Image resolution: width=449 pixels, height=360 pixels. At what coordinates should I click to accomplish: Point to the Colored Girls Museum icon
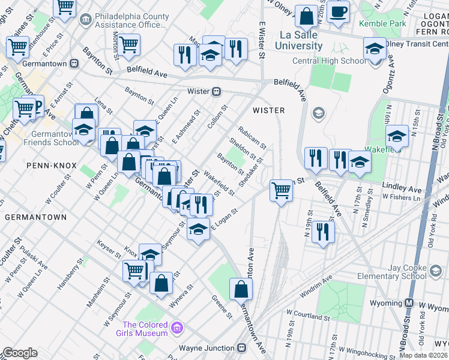176,328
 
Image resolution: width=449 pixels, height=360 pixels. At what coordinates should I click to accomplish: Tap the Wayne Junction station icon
241,348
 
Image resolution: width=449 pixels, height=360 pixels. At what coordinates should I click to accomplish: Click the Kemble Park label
382,23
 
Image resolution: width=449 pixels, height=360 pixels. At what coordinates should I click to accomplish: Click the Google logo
20,353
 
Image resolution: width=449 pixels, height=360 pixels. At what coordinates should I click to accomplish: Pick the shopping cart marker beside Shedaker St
281,191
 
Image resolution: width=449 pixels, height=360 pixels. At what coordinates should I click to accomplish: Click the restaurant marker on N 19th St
324,232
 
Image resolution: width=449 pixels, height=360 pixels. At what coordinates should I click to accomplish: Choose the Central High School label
328,61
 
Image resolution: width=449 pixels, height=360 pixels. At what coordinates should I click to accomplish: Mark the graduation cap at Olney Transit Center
375,49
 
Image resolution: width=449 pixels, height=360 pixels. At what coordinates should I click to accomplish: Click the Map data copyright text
424,355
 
